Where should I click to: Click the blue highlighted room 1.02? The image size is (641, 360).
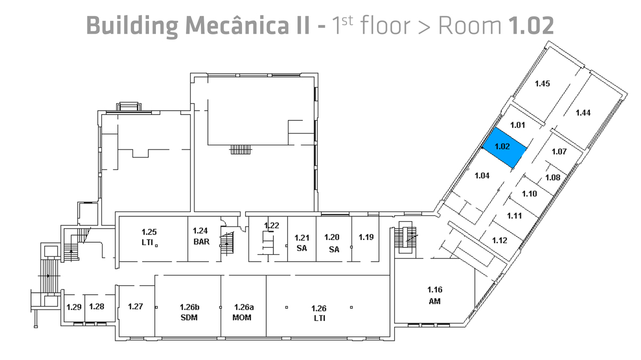point(505,147)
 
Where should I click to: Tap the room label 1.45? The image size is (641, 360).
point(542,83)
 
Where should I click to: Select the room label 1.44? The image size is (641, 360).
point(583,113)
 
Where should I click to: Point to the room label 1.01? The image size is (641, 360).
point(518,125)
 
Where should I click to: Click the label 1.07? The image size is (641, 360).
point(559,151)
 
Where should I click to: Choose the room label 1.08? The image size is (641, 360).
point(552,178)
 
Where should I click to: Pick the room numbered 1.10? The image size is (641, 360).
point(529,194)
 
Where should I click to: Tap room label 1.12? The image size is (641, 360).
point(499,240)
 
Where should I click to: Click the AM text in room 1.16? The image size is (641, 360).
point(435,301)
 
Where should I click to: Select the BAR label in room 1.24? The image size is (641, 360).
point(201,242)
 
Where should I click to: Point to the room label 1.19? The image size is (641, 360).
point(366,237)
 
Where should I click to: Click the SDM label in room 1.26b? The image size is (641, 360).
point(189,318)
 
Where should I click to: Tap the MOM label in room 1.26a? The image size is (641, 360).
point(242,318)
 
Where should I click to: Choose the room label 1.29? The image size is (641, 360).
point(74,307)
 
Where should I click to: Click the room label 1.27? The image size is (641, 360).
point(135,307)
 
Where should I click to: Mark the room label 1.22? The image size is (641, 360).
point(271,225)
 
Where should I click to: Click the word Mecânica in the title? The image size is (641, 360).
point(247,26)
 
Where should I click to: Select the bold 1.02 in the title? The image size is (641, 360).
point(531,26)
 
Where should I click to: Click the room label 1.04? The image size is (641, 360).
point(482,176)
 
